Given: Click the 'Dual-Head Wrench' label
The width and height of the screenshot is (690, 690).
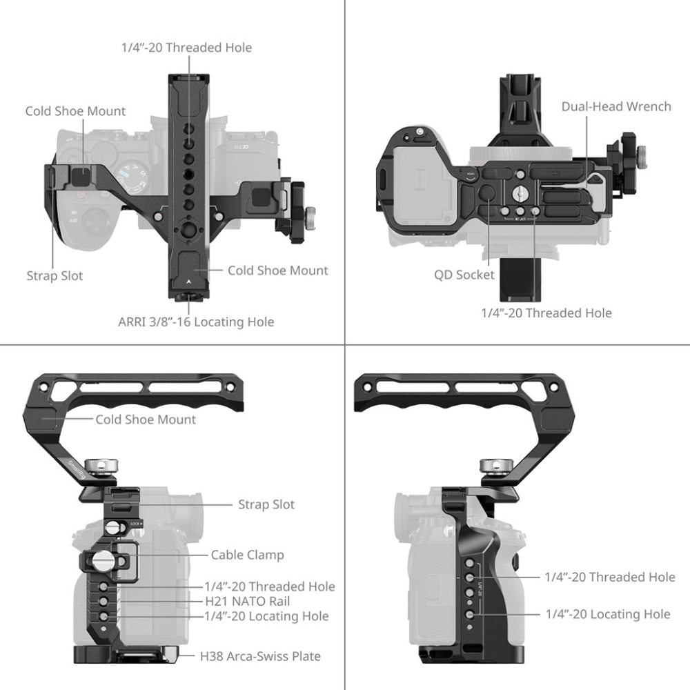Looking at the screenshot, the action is pyautogui.click(x=616, y=107).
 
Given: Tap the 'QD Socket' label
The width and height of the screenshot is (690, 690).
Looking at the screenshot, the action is pyautogui.click(x=464, y=275).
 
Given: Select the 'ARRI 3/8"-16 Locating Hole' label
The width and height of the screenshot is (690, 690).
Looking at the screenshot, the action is pyautogui.click(x=196, y=322).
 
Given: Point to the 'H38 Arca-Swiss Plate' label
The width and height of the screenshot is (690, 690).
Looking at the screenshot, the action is pyautogui.click(x=261, y=657).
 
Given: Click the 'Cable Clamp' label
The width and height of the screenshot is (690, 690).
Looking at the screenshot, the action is pyautogui.click(x=247, y=555).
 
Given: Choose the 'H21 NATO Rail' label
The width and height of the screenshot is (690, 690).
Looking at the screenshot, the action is pyautogui.click(x=248, y=601).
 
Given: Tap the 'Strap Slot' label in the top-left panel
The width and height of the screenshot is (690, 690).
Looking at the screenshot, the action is pyautogui.click(x=55, y=276).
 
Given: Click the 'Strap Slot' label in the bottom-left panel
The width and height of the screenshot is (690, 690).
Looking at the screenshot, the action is pyautogui.click(x=266, y=505).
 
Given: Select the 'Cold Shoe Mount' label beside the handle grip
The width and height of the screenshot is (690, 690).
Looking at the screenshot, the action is pyautogui.click(x=146, y=420).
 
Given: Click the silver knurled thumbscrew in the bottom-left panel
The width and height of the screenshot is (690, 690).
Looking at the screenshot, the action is pyautogui.click(x=101, y=466).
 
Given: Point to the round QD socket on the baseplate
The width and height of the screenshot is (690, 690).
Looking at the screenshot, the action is pyautogui.click(x=486, y=193).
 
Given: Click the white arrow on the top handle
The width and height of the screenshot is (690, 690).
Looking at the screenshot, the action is pyautogui.click(x=189, y=282).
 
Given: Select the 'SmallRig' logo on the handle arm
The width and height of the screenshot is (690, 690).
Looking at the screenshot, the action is pyautogui.click(x=76, y=469).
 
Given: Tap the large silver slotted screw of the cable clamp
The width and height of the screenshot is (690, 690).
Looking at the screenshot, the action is pyautogui.click(x=100, y=560).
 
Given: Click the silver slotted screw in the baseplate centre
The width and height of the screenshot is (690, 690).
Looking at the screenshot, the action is pyautogui.click(x=520, y=192).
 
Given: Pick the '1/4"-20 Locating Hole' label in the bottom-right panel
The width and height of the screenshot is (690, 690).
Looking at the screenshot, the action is pyautogui.click(x=608, y=614).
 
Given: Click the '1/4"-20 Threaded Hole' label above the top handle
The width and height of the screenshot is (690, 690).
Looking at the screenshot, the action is pyautogui.click(x=186, y=48).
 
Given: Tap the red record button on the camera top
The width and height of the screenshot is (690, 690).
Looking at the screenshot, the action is pyautogui.click(x=81, y=194).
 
